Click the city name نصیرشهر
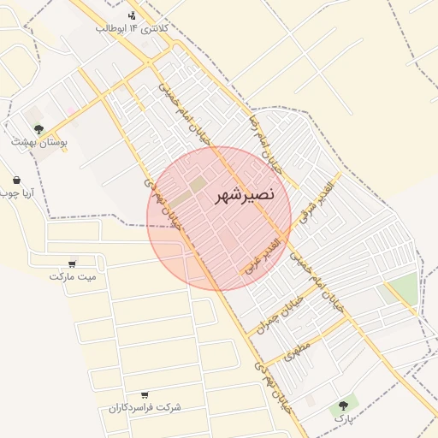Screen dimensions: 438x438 (246, 194)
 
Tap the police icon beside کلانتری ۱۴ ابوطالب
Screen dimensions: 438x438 (132, 15)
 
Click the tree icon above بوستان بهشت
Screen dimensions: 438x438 (38, 128)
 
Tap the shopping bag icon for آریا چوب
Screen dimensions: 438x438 (16, 180)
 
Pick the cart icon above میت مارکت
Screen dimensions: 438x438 (72, 263)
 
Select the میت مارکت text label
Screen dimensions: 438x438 (73, 276)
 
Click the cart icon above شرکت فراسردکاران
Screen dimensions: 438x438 (144, 394)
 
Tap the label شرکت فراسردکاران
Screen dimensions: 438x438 (145, 408)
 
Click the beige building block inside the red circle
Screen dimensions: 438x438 (198, 184)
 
